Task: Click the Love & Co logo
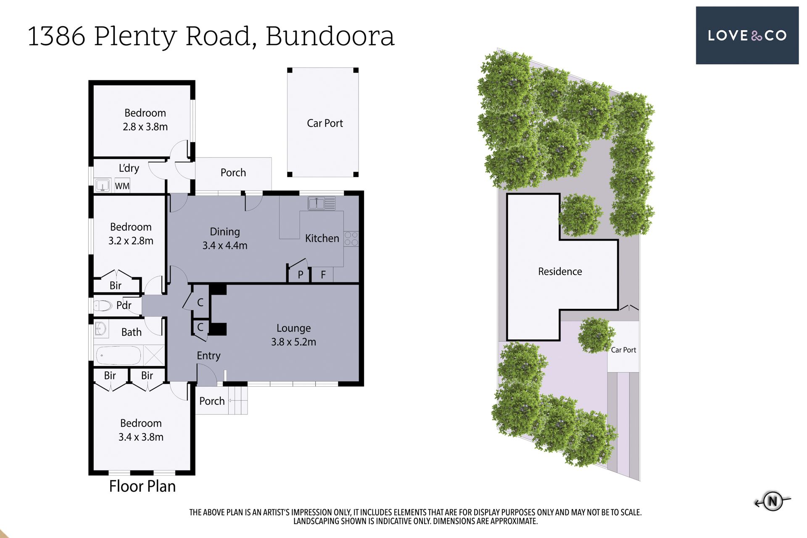point(747,35)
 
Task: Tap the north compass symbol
point(773,501)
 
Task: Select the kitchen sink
point(322,203)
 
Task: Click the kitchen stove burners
point(351,239)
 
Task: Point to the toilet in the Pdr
point(102,305)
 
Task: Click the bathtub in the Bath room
point(119,356)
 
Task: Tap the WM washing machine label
point(122,186)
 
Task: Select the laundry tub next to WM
point(103,185)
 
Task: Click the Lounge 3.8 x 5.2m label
point(293,335)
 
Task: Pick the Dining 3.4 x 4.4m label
point(225,239)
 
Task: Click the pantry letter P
point(301,275)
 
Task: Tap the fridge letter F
point(323,275)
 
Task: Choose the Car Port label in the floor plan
point(325,123)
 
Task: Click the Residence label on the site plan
point(560,272)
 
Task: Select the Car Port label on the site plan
point(623,350)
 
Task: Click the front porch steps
point(238,400)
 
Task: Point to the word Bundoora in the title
point(330,36)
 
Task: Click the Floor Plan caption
point(142,486)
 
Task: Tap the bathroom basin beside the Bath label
point(101,329)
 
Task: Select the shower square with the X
point(154,356)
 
